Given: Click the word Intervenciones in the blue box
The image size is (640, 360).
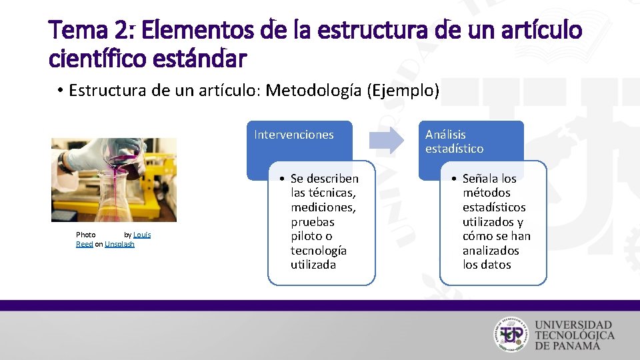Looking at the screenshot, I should (x=294, y=135).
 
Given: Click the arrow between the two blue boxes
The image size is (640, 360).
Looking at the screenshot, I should (x=387, y=139).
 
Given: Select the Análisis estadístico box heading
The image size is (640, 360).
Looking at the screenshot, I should (x=455, y=141).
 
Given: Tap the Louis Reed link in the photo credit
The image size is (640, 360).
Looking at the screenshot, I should (x=142, y=235).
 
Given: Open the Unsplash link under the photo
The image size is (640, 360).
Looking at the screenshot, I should (x=119, y=244).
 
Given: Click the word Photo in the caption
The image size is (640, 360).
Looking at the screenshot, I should (x=86, y=235).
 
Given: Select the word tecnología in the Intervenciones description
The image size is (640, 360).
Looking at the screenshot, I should (x=319, y=251).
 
